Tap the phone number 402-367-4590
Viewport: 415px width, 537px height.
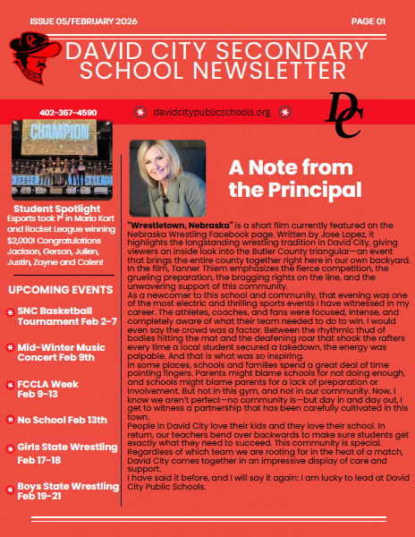coord(68,113)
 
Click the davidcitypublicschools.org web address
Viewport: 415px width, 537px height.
coord(212,113)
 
